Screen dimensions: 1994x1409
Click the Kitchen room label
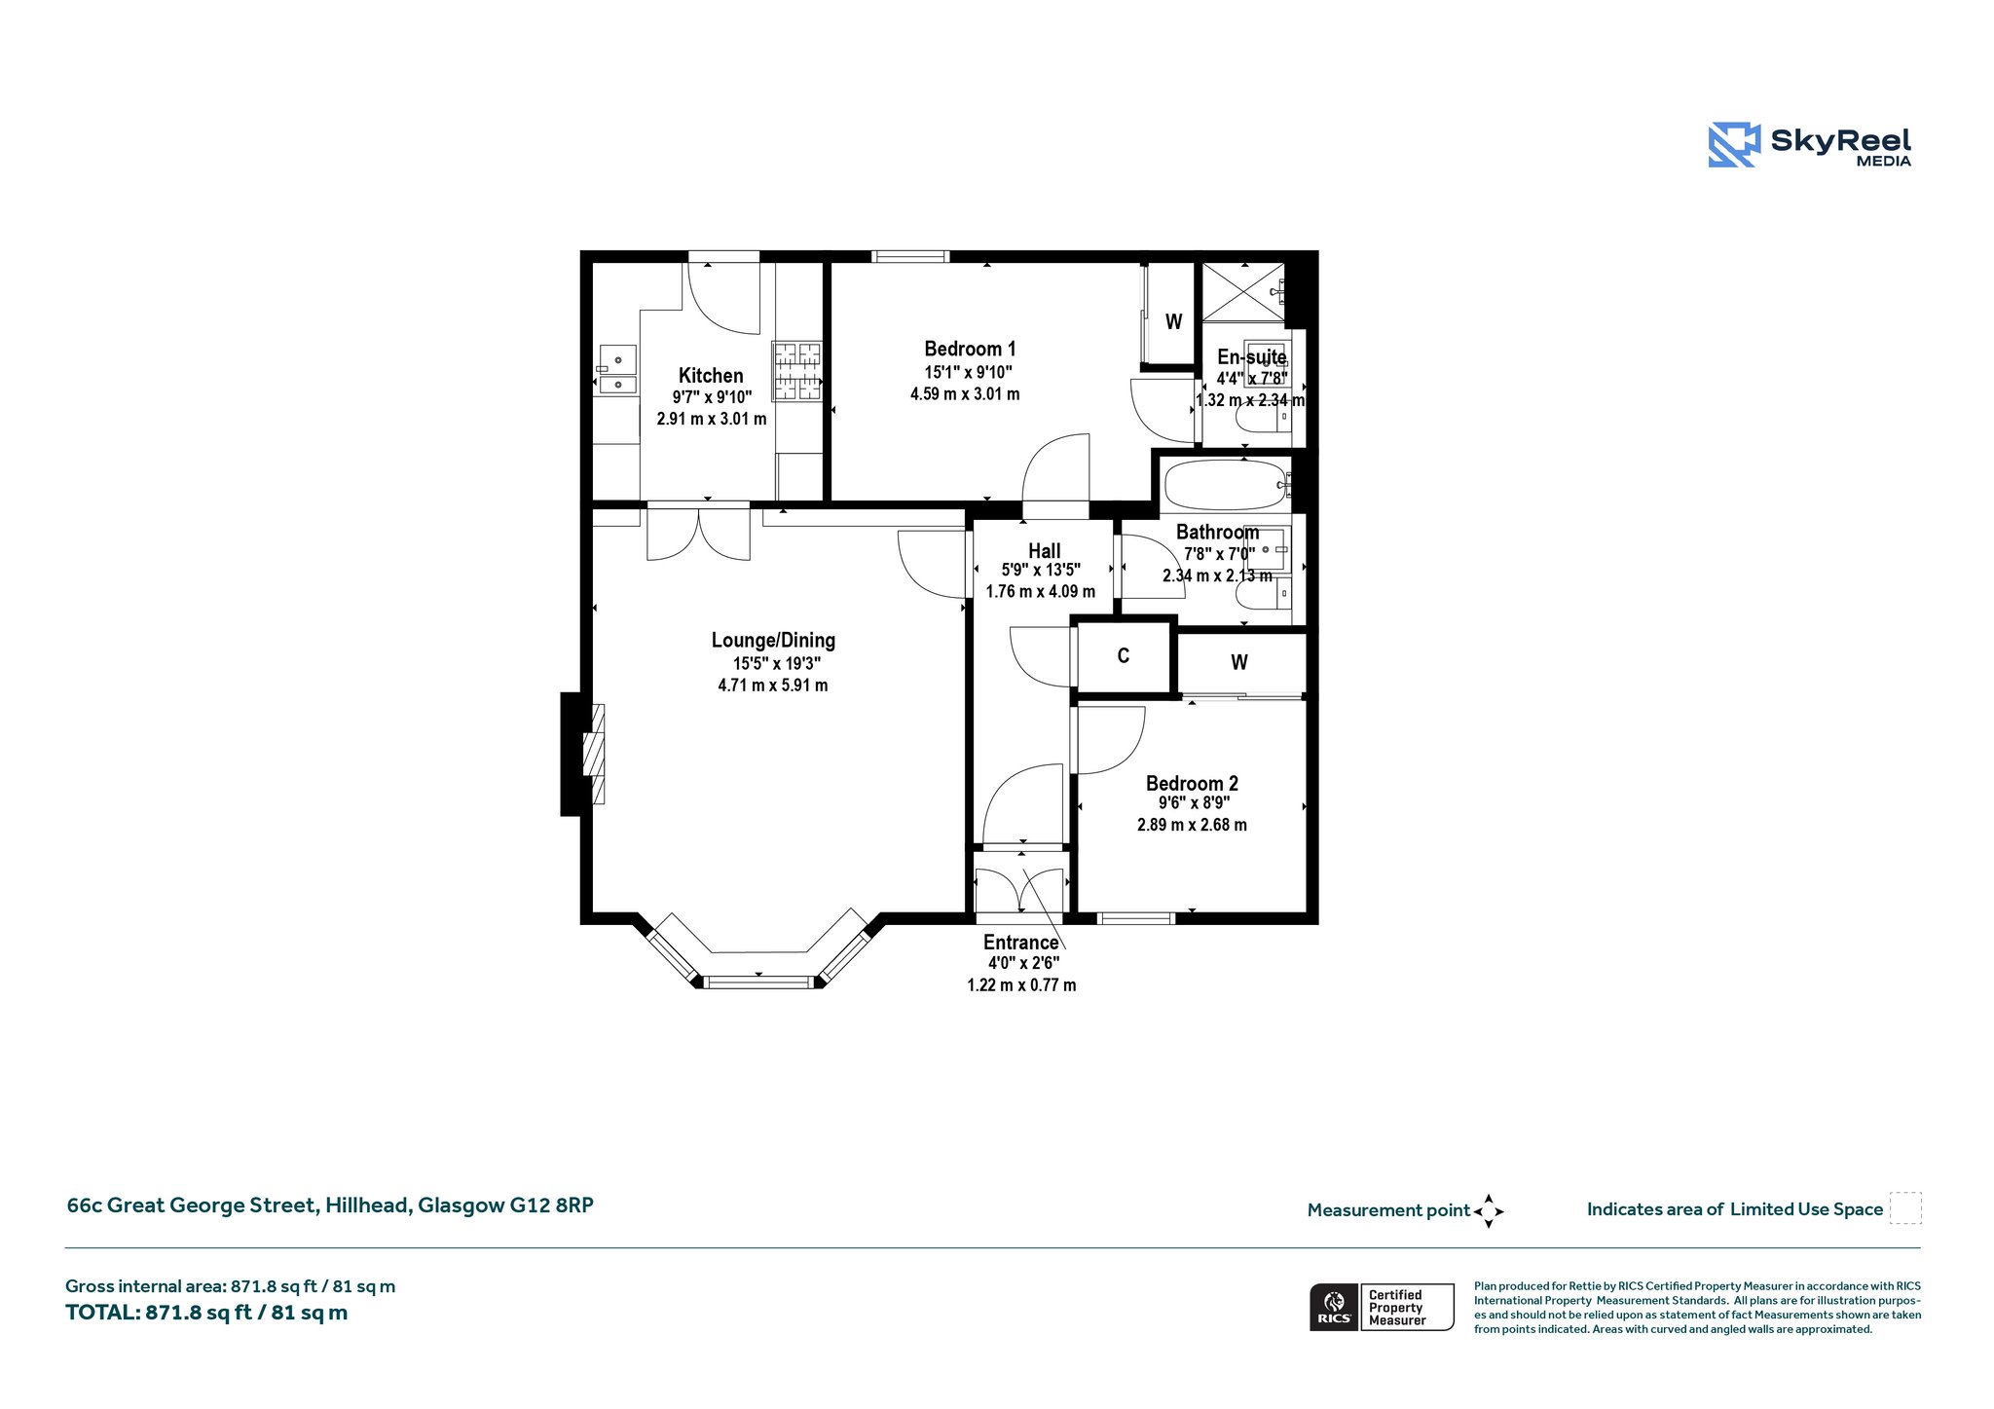point(711,376)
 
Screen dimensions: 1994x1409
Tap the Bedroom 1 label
point(970,349)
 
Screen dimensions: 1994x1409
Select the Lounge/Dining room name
point(773,640)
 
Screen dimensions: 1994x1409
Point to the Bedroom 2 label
point(1192,783)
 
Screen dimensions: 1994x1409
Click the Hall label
point(1044,550)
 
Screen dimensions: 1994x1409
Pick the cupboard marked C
point(1124,656)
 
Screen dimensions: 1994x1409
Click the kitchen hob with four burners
point(797,371)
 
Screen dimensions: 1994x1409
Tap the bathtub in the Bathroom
point(1227,484)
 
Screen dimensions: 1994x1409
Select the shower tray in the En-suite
point(1244,291)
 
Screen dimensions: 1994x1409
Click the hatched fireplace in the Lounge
point(593,754)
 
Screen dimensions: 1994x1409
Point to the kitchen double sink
point(617,371)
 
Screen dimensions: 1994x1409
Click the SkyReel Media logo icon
point(1734,145)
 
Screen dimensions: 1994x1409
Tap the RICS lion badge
point(1334,1307)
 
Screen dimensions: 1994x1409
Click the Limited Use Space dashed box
point(1905,1207)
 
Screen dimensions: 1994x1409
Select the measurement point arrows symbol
point(1489,1211)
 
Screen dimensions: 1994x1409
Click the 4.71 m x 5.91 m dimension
point(773,686)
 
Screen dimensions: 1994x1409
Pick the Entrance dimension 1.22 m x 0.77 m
point(1021,985)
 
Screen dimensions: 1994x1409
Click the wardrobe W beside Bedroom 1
point(1174,321)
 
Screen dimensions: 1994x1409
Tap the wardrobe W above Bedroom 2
point(1239,662)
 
